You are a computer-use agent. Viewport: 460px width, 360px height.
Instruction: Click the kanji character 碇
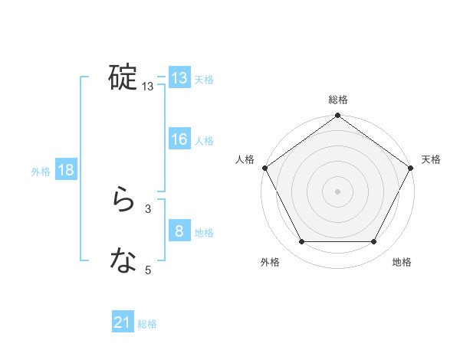click(123, 77)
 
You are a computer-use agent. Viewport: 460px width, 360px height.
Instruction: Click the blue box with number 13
click(179, 78)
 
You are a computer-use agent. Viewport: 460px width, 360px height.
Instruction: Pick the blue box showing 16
click(179, 139)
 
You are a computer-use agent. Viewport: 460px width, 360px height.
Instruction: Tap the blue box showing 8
click(179, 231)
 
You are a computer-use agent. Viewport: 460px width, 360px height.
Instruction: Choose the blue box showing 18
click(65, 170)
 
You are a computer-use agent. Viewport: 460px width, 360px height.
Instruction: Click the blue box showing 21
click(122, 323)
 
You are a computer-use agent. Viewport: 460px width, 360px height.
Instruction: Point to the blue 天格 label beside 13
click(204, 80)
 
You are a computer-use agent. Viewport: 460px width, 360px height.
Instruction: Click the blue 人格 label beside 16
click(204, 141)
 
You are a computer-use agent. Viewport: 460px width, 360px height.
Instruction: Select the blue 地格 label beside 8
click(204, 233)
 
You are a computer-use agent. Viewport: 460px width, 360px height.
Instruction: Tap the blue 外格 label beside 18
click(41, 172)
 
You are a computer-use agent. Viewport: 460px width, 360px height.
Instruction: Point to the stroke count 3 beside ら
click(148, 208)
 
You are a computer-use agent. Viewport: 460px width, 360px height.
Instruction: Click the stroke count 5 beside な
click(148, 269)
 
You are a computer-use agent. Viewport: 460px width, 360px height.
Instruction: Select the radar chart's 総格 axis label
click(338, 100)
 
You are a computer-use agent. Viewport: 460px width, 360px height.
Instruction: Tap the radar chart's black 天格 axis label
click(431, 159)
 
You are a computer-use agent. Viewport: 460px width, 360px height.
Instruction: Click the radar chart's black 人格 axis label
click(245, 159)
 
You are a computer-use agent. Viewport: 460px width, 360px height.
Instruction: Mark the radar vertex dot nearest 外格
click(301, 242)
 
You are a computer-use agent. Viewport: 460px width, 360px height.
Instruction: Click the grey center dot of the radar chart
click(338, 191)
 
